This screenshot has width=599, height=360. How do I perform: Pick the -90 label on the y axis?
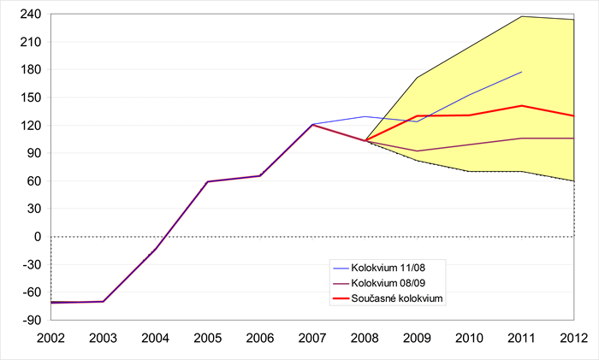tap(31, 320)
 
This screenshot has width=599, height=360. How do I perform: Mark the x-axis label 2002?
tap(50, 338)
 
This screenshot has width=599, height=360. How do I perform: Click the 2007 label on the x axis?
tap(312, 338)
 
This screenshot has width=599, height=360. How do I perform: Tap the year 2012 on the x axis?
tap(574, 338)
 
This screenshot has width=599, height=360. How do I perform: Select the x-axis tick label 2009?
tap(417, 338)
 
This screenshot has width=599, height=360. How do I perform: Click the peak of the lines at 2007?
tap(312, 125)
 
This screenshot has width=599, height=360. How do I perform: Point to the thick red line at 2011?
tap(521, 106)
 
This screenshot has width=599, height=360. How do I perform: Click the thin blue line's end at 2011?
tap(521, 72)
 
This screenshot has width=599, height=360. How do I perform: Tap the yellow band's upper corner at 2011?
tap(521, 16)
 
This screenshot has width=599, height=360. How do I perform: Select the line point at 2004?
tap(156, 249)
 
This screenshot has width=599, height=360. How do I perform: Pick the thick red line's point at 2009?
tap(417, 116)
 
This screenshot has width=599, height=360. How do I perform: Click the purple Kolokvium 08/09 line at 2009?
tap(417, 151)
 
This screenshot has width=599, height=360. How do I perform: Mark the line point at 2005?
tap(208, 181)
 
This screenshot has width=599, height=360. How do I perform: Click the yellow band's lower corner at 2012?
tap(573, 180)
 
